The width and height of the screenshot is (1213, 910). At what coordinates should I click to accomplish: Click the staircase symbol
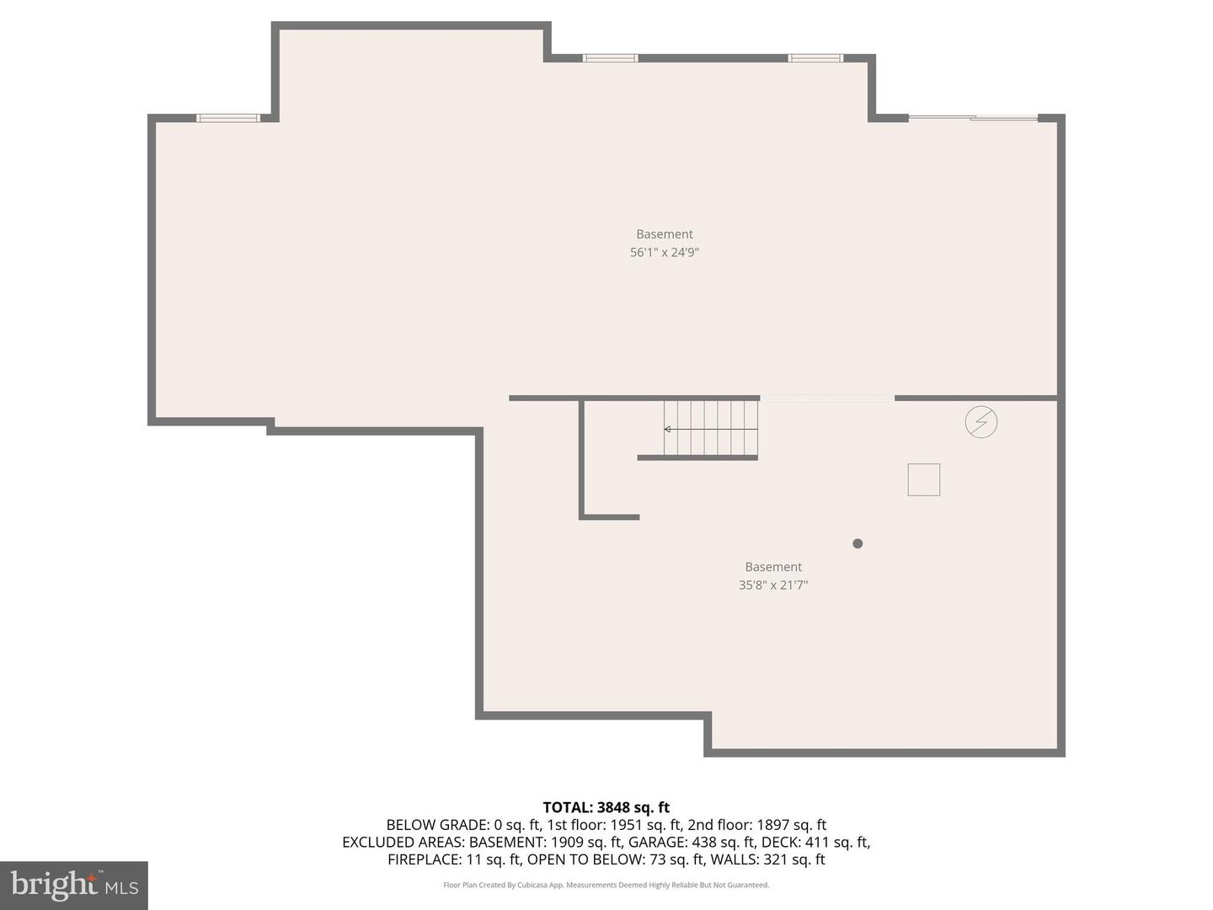711,428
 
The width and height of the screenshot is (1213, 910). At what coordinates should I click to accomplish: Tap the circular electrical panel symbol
981,422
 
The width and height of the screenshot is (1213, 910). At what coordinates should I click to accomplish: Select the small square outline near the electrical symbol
923,479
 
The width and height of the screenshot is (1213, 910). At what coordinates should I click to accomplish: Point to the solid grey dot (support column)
858,543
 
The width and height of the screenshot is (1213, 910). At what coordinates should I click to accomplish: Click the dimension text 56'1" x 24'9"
665,252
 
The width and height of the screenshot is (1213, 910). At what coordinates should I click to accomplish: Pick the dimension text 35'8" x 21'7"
773,585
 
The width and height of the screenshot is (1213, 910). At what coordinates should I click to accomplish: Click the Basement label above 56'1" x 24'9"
665,234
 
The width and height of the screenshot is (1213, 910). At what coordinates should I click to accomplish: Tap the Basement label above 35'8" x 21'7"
773,567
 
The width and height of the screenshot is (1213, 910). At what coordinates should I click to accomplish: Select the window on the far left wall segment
228,118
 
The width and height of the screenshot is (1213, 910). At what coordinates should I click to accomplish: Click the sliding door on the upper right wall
973,118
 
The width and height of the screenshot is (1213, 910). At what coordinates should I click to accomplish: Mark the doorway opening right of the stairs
826,398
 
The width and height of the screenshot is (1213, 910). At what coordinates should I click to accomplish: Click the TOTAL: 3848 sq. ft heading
606,807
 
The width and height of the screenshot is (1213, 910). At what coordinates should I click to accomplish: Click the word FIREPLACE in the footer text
424,859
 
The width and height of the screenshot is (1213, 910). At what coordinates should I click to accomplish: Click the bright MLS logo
74,885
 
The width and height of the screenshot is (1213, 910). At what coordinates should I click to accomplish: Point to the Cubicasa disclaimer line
606,885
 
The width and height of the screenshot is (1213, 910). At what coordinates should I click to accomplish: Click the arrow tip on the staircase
666,429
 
